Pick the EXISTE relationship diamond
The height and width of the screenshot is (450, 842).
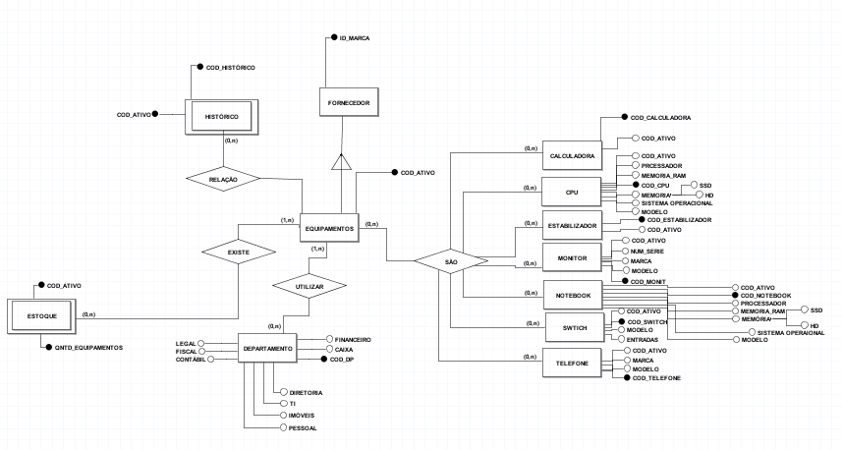click(239, 253)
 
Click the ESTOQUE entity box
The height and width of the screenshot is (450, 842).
click(41, 315)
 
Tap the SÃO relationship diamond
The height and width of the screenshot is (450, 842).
click(451, 262)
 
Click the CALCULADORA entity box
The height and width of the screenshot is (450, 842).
click(571, 156)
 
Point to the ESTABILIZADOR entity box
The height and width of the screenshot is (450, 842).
click(571, 225)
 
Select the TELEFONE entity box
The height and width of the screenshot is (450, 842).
click(571, 364)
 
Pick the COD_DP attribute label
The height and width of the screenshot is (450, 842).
click(343, 360)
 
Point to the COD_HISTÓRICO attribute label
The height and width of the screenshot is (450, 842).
click(231, 67)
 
